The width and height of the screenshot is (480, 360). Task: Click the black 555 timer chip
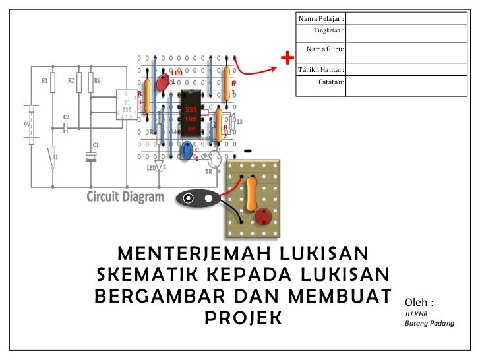tap(191, 117)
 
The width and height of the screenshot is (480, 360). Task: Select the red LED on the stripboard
tap(162, 82)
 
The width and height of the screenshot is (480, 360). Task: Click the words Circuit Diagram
tap(126, 196)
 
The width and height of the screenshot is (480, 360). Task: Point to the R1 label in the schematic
tap(44, 81)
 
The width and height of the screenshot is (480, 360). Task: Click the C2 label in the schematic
tap(66, 117)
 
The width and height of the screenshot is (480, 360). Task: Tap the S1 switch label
tap(55, 157)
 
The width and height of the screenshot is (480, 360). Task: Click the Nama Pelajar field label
tap(320, 18)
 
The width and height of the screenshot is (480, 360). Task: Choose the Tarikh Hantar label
tap(322, 69)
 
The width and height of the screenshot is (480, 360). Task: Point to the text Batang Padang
tap(430, 323)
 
